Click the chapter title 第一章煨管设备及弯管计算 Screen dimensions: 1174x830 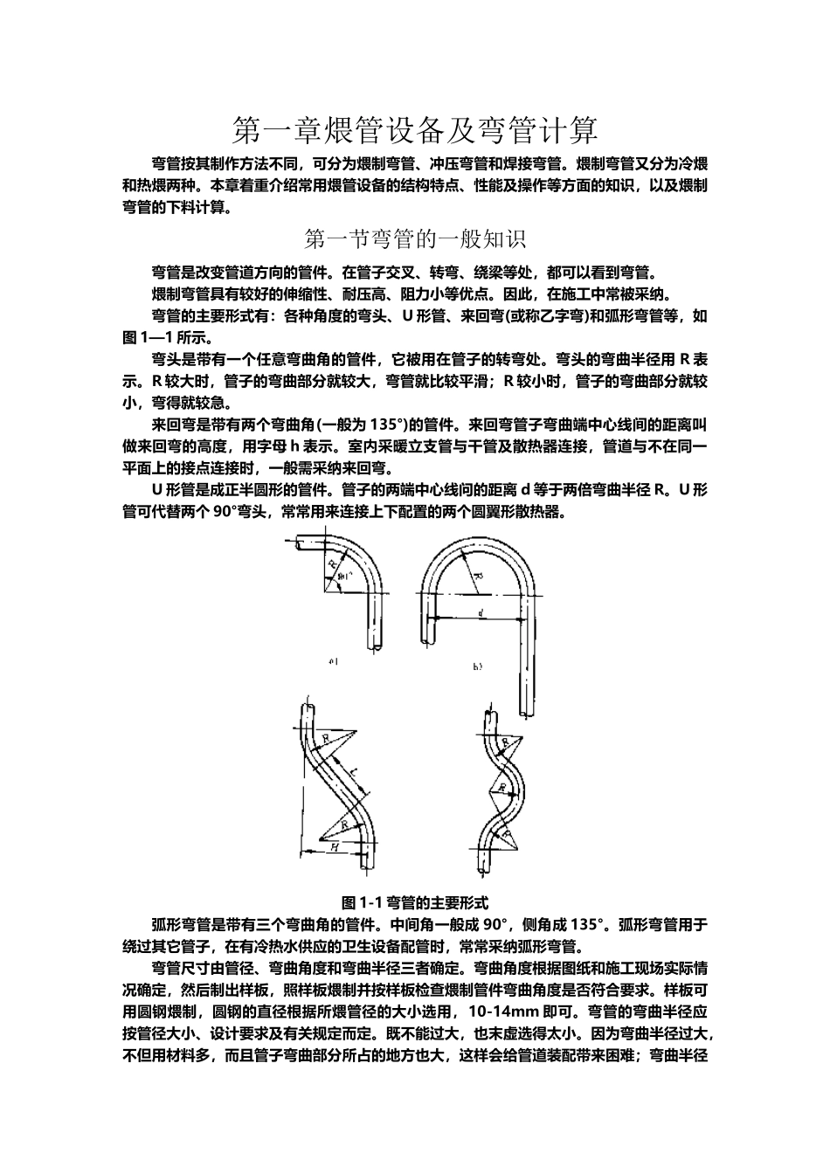(415, 131)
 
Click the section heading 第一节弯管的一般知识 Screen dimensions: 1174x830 (414, 238)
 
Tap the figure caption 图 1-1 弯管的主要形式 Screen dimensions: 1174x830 (415, 901)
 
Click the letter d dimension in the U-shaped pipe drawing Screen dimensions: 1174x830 (481, 613)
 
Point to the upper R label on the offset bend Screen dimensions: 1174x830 (326, 739)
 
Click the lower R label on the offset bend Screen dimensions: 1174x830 (344, 824)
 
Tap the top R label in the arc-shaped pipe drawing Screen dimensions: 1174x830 (505, 741)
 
